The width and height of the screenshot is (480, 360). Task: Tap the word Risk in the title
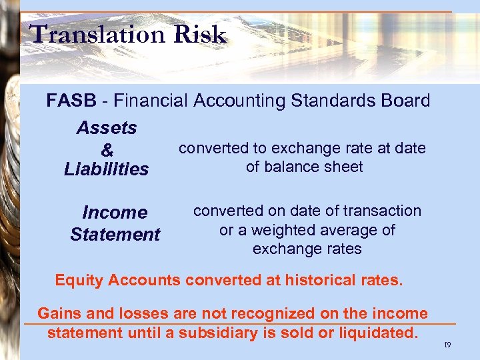tap(202, 34)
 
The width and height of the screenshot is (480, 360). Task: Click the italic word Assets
tap(107, 127)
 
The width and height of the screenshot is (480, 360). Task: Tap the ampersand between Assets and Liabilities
tap(107, 149)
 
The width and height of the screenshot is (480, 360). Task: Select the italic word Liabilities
tap(107, 169)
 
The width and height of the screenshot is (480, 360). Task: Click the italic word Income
tap(115, 213)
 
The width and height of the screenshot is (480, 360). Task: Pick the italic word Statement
tap(115, 235)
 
